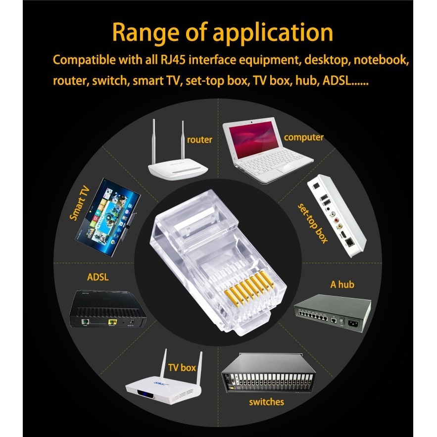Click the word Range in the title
(146, 33)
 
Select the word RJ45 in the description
(173, 60)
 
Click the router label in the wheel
(199, 140)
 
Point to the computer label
(304, 138)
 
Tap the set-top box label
(313, 223)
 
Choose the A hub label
(342, 284)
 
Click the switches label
(266, 401)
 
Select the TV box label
(182, 368)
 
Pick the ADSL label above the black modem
(97, 277)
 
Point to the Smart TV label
(80, 203)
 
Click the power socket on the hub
(354, 324)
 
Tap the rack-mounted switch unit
(268, 373)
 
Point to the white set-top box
(337, 215)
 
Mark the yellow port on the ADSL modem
(112, 322)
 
